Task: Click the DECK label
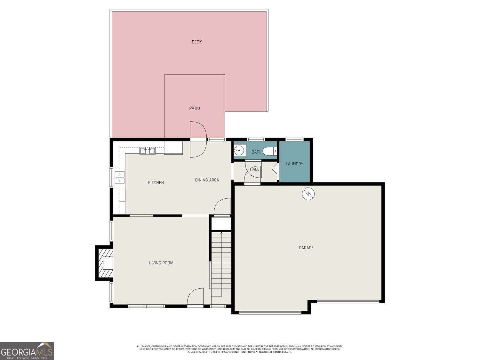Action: pyautogui.click(x=196, y=42)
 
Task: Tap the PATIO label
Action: pyautogui.click(x=194, y=108)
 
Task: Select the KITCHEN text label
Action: pyautogui.click(x=156, y=183)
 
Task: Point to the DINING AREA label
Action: pyautogui.click(x=207, y=180)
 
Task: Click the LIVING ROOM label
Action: pyautogui.click(x=161, y=263)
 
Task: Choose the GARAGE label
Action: pyautogui.click(x=306, y=248)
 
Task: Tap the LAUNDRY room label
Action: pyautogui.click(x=294, y=164)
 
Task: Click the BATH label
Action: pyautogui.click(x=256, y=152)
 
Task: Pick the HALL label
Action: pyautogui.click(x=254, y=169)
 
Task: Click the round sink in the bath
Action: pyautogui.click(x=239, y=150)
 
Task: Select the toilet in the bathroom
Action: pyautogui.click(x=270, y=151)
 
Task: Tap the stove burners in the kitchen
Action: pyautogui.click(x=147, y=151)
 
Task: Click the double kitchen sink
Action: pyautogui.click(x=119, y=178)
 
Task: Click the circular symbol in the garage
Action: pyautogui.click(x=308, y=193)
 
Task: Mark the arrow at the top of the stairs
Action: pyautogui.click(x=221, y=234)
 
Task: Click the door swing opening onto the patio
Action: pyautogui.click(x=198, y=140)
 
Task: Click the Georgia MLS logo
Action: pyautogui.click(x=27, y=351)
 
